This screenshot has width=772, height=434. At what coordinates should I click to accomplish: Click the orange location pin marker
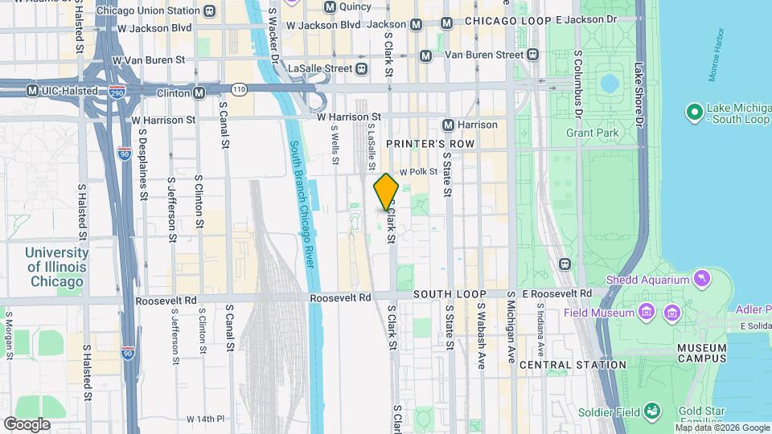click(x=386, y=191)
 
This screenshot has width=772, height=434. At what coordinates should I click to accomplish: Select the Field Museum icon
click(x=646, y=311)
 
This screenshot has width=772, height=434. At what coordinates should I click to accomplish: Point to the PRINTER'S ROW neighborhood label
click(x=430, y=144)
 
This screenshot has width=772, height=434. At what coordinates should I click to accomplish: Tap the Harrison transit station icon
click(x=449, y=125)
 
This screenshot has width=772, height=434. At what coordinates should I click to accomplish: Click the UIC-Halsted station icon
click(x=32, y=90)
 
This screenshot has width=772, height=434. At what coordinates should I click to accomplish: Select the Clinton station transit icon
click(x=199, y=93)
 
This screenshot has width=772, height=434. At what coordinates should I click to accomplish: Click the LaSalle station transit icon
click(x=362, y=68)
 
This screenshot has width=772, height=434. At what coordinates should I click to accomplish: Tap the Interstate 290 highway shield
click(x=117, y=93)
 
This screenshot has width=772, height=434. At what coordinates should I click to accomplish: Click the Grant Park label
click(x=591, y=131)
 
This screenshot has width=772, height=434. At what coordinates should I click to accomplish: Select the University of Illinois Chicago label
click(x=56, y=267)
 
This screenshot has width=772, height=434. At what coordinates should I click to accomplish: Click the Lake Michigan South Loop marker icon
click(x=693, y=113)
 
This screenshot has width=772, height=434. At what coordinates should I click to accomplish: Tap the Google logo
click(x=27, y=424)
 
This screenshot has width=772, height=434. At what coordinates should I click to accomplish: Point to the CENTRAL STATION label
click(x=573, y=365)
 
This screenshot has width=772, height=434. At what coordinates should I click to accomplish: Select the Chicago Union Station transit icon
click(x=209, y=10)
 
